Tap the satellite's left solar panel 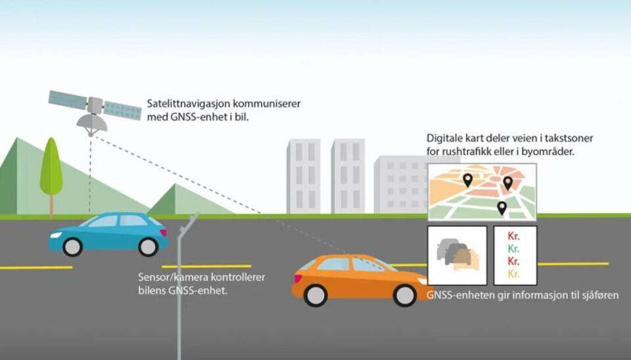(67, 100)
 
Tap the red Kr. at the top (514, 236)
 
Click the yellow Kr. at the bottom (514, 274)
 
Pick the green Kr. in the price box (514, 248)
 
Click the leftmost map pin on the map (467, 179)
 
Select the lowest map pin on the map (502, 208)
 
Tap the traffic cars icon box (457, 255)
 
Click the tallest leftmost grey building (303, 175)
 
